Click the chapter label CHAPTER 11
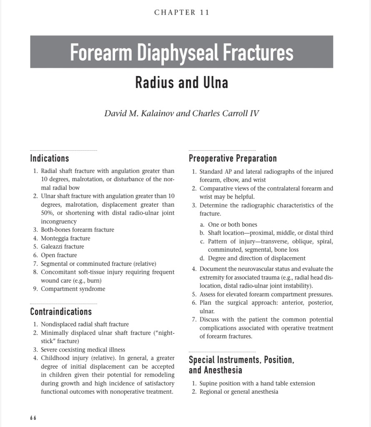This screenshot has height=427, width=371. (182, 13)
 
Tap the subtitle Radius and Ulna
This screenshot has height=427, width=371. (181, 83)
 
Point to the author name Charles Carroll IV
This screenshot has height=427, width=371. (226, 114)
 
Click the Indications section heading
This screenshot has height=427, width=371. (50, 159)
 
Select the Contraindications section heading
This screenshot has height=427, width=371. (61, 312)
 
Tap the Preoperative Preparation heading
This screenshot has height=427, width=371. (233, 159)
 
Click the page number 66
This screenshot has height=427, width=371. (33, 418)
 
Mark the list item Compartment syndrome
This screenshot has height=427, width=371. (73, 289)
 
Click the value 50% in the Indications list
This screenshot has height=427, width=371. (47, 213)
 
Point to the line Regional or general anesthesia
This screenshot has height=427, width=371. (238, 392)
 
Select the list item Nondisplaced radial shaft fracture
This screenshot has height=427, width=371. (85, 324)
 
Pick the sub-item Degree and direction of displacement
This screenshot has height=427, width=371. (256, 258)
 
